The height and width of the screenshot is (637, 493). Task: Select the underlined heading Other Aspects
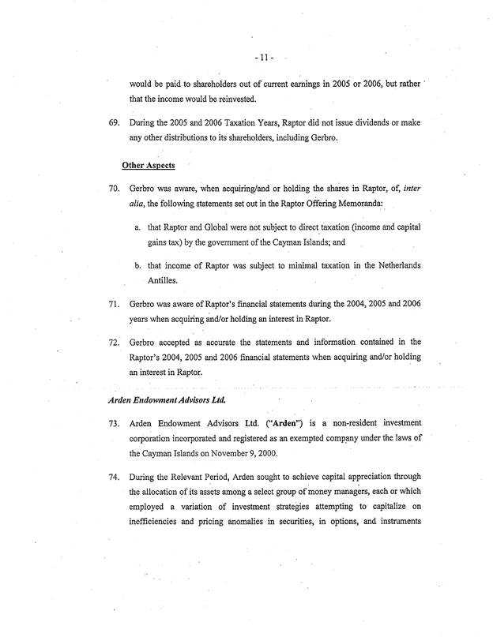tap(149, 166)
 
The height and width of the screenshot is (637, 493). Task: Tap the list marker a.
tap(139, 229)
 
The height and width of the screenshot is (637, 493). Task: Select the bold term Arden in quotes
tap(273, 424)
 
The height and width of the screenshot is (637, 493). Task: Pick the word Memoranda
tap(364, 205)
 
